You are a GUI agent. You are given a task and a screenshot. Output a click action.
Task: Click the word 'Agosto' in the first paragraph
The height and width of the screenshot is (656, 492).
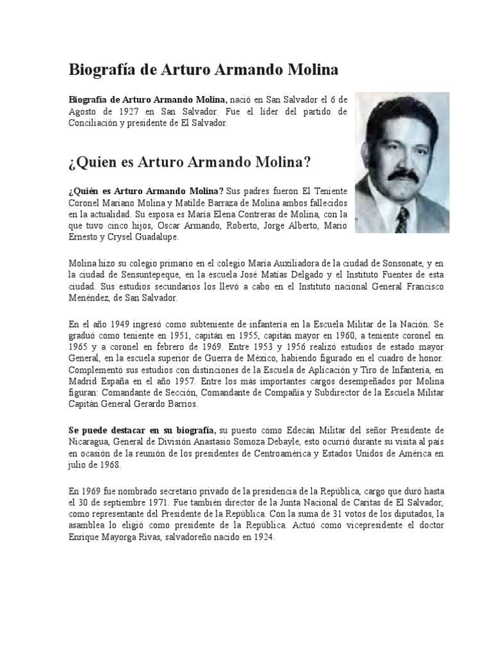(85, 111)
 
